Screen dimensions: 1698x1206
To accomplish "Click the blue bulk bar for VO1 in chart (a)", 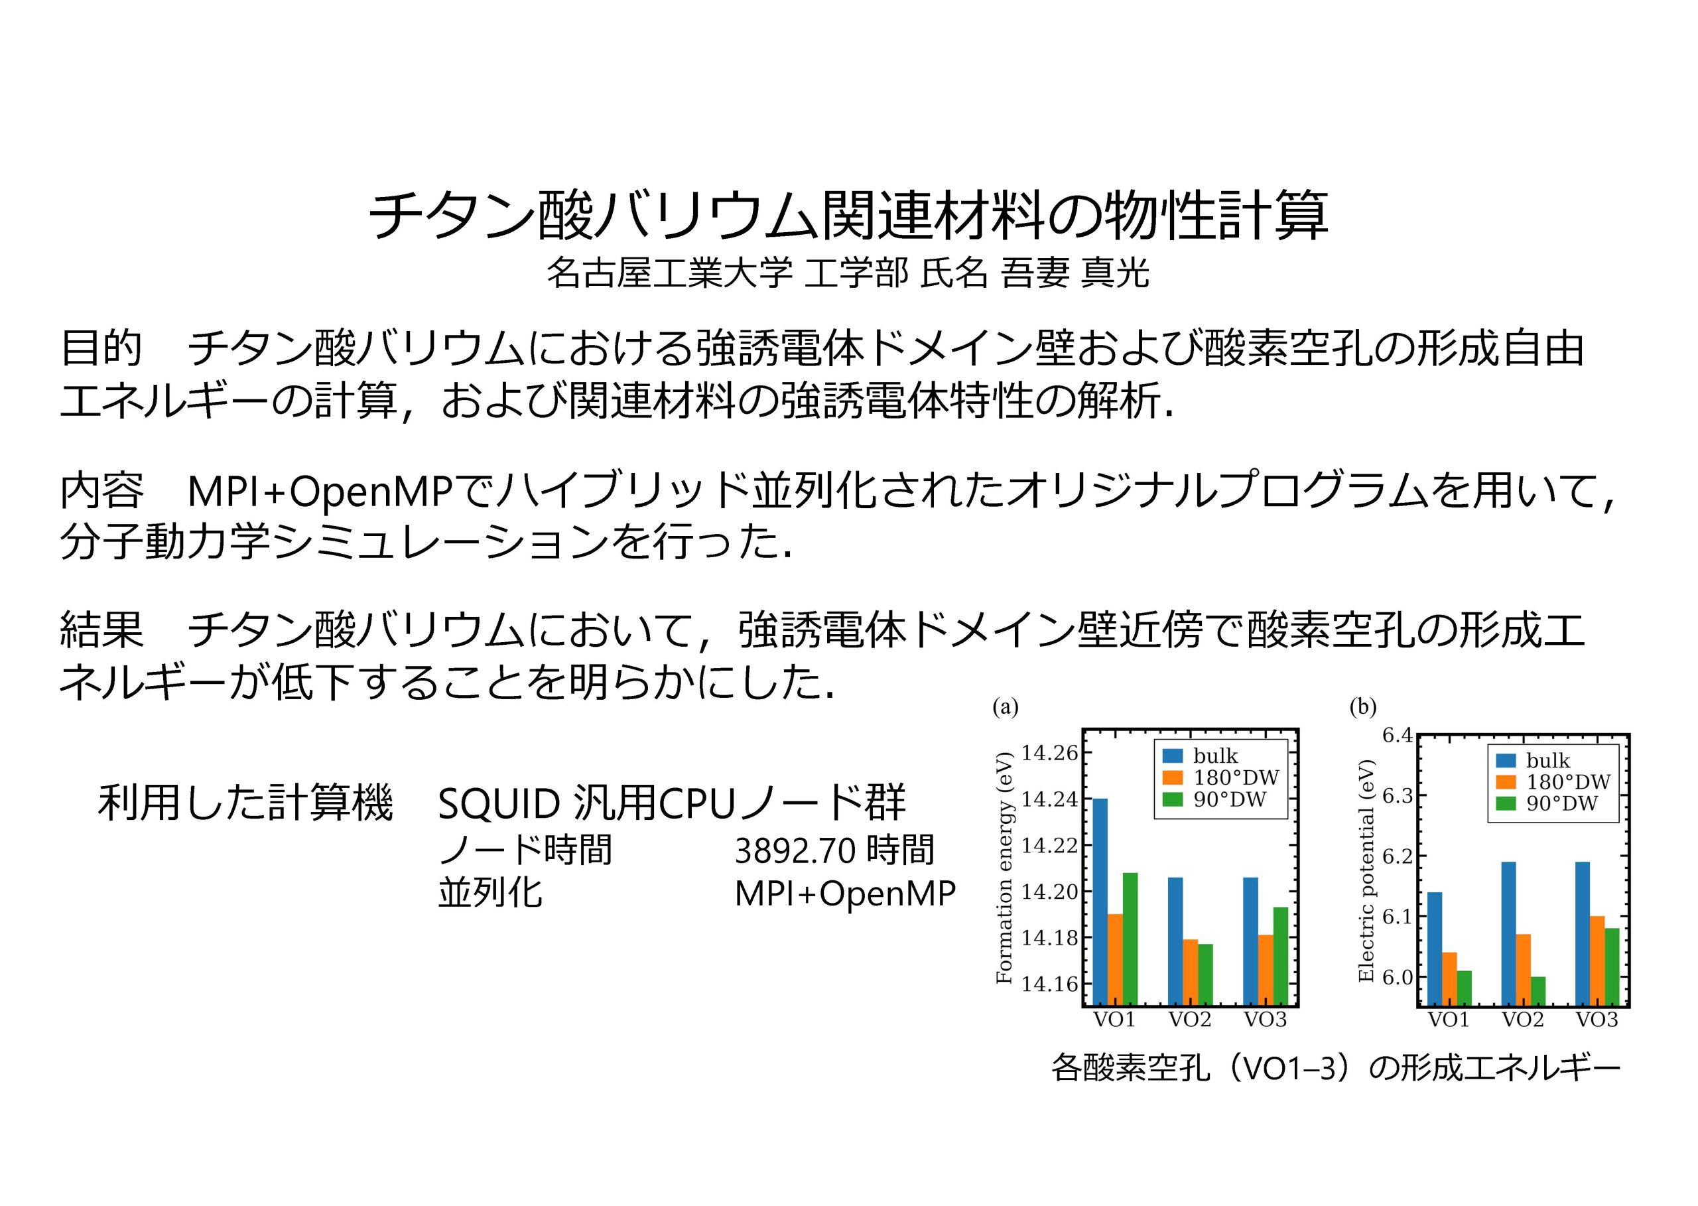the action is point(1100,902).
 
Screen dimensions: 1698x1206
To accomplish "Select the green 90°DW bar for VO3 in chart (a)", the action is point(1281,957).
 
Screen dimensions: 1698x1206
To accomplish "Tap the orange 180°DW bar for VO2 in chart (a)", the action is point(1190,972).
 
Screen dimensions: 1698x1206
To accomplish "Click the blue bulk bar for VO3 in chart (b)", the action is point(1582,934).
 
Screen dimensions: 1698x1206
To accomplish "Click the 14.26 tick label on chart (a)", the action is point(1049,753).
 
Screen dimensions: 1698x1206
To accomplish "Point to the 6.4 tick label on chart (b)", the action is point(1398,735).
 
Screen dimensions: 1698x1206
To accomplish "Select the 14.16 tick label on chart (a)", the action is point(1049,984).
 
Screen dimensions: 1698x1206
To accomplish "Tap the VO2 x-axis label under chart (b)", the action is point(1523,1020).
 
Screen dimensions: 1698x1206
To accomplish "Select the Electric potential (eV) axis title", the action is point(1366,870).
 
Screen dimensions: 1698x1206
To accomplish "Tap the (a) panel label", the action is point(1006,707).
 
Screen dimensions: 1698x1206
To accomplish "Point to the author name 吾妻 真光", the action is point(1075,273).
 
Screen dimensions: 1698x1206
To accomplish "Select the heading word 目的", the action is point(101,348).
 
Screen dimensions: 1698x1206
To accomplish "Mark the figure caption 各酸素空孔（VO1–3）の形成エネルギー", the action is point(1336,1069).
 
